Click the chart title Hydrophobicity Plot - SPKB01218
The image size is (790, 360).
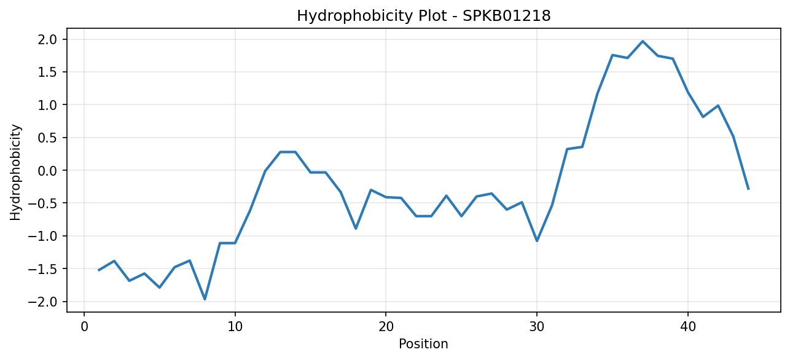[424, 16]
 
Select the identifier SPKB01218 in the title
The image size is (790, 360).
[506, 16]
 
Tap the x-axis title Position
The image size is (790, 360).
[423, 344]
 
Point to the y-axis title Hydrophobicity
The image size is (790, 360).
[15, 173]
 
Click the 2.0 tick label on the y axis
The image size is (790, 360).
[48, 39]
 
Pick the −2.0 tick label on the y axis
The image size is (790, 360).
[42, 302]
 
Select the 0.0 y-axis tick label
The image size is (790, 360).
[48, 171]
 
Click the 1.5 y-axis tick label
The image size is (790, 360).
[48, 72]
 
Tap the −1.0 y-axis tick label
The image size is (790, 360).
[42, 237]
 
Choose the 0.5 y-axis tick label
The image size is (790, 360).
[48, 138]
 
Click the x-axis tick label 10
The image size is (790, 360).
[235, 327]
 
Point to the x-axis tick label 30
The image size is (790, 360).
[537, 327]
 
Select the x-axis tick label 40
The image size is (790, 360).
[688, 327]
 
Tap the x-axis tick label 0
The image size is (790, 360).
[84, 327]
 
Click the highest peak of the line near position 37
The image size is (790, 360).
[643, 41]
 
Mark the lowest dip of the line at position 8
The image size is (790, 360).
[205, 299]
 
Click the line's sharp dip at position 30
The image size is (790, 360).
[537, 241]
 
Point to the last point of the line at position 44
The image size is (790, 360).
[748, 189]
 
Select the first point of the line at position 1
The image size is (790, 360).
[99, 270]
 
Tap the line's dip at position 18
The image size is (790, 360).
[356, 229]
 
